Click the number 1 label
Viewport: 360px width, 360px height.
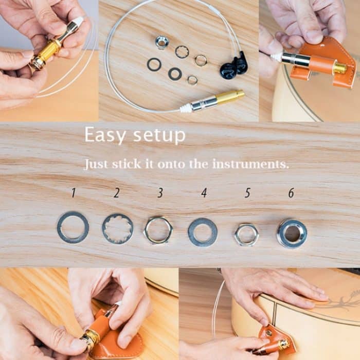tap(74, 193)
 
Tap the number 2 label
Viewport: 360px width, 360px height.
tap(117, 193)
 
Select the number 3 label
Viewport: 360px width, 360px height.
tap(160, 193)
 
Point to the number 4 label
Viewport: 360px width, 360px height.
tap(204, 193)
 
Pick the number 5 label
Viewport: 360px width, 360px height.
tap(247, 193)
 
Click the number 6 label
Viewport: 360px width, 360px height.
tap(291, 193)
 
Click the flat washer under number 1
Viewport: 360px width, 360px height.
tap(73, 227)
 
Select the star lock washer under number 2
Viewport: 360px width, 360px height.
tap(117, 228)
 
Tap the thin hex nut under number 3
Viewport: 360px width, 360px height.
tap(158, 230)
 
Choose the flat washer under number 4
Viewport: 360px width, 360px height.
tap(203, 232)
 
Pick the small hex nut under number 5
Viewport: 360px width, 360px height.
tap(246, 234)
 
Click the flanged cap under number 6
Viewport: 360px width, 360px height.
tap(292, 233)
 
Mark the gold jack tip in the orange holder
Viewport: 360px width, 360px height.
tap(339, 68)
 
